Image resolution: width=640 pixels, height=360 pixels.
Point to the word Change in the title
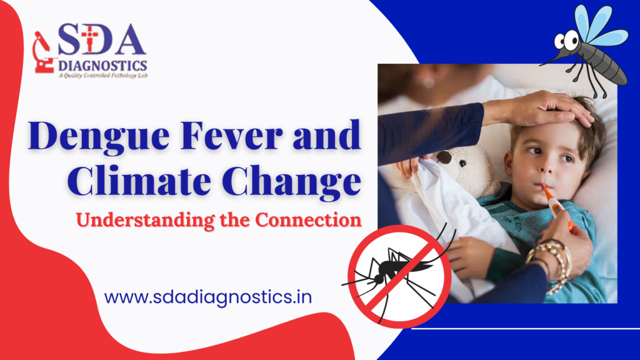coord(292,182)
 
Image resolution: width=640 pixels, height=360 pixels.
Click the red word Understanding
coord(145,221)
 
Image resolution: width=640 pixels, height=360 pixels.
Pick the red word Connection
coord(309,219)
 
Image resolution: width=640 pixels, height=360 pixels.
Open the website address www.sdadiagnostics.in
coord(208,297)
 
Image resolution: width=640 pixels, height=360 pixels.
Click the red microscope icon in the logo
coord(43,52)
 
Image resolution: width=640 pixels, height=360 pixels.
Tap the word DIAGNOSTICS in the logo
coord(102,65)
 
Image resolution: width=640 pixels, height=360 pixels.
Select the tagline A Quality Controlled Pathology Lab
coord(103,76)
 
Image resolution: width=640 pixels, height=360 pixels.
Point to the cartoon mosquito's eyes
coord(566,41)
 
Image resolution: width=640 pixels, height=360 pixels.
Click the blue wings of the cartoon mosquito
coord(599,26)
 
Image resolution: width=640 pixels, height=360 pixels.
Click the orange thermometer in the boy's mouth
coord(556,206)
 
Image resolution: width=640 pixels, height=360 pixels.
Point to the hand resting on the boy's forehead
coord(538,109)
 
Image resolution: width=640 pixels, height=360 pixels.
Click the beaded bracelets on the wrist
coord(551,265)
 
